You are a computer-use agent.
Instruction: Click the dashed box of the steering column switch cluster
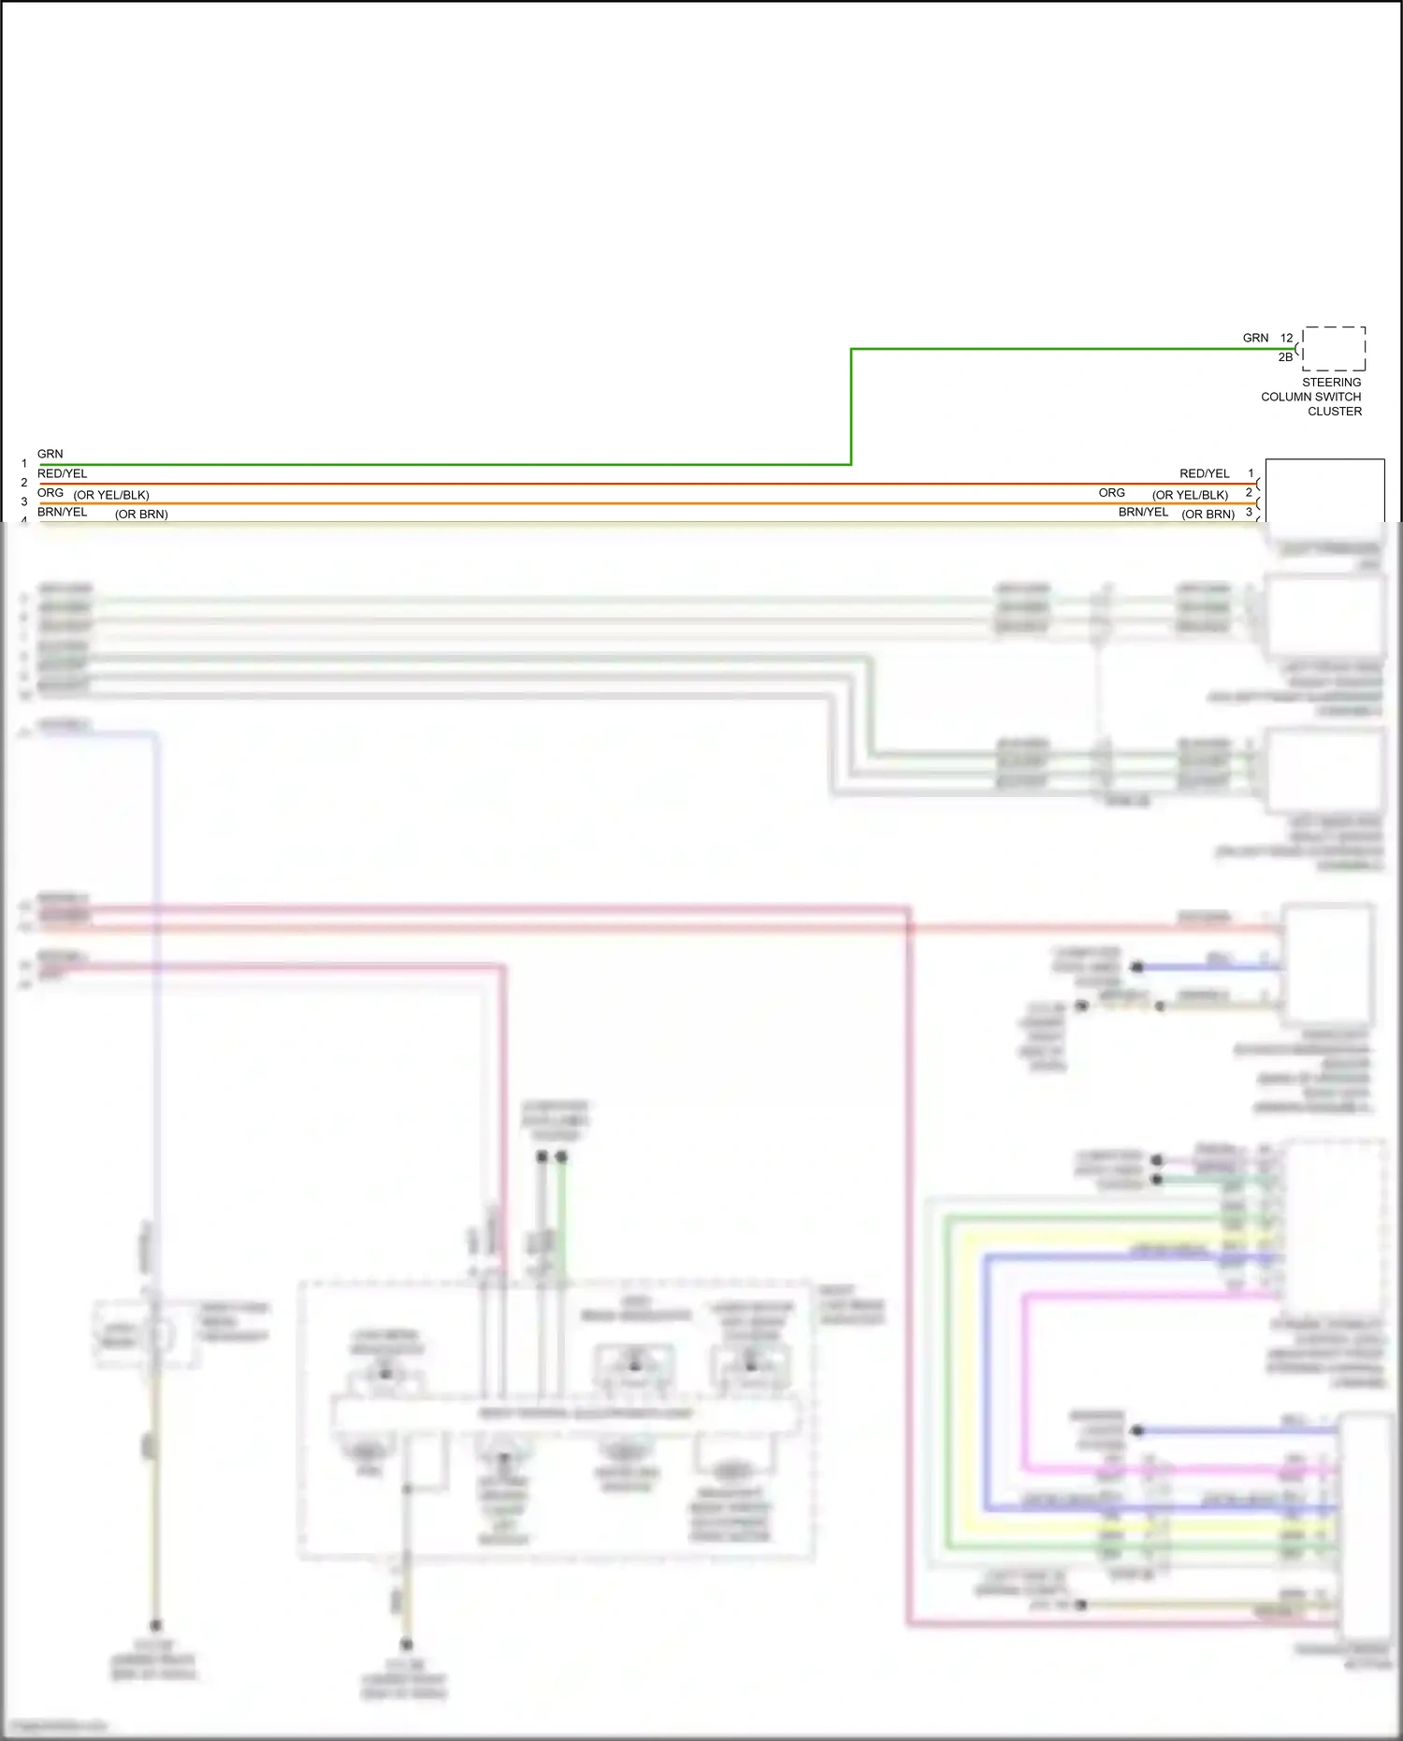(1334, 349)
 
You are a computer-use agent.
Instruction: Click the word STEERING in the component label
(1331, 383)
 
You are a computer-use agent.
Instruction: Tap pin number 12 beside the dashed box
(1286, 339)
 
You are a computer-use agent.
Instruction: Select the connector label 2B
(1285, 357)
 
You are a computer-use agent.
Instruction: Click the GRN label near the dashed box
(1255, 339)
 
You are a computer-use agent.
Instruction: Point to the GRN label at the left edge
(50, 455)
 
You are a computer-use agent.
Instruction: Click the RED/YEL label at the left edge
(62, 474)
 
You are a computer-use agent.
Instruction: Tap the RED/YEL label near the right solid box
(1204, 474)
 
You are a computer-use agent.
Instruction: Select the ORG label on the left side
(51, 493)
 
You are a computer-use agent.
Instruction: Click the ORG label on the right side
(1111, 493)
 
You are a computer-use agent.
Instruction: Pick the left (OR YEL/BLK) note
(111, 496)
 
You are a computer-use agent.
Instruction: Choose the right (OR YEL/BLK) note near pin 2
(1190, 496)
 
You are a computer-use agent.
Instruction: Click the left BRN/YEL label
(62, 513)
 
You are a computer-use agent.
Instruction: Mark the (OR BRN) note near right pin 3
(1208, 515)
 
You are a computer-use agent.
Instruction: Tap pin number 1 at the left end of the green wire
(24, 464)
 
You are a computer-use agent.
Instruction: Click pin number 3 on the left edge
(24, 502)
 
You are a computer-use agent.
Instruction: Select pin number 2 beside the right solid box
(1248, 493)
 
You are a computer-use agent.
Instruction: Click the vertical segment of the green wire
(851, 407)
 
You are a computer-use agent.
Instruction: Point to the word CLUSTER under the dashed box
(1334, 412)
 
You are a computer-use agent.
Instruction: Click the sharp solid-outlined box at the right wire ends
(1324, 490)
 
